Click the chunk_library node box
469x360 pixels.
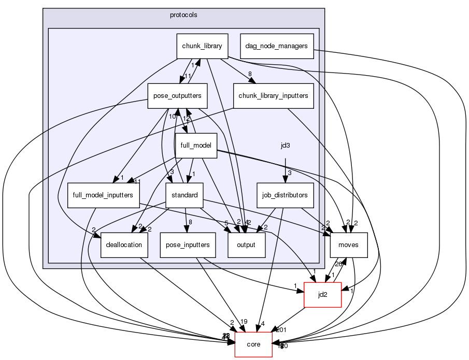202,46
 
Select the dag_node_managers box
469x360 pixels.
277,46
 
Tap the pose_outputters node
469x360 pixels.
178,96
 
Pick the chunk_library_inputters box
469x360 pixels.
274,96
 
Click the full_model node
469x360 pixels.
195,146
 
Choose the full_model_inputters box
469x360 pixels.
104,195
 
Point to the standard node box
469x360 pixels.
184,195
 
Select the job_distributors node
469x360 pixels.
286,195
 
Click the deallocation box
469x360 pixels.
124,245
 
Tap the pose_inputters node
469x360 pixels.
188,245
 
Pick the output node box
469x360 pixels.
247,245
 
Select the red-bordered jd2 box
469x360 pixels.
322,295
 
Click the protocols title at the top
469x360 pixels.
183,15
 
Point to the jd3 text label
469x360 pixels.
285,146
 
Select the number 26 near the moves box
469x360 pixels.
338,264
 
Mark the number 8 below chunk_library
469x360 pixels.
250,74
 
